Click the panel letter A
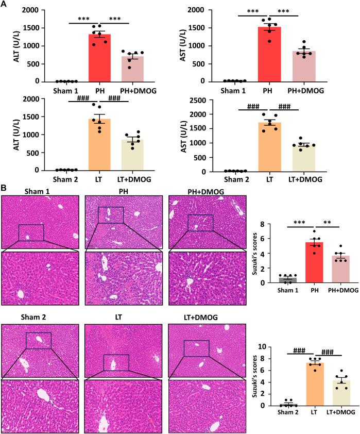pos(5,5)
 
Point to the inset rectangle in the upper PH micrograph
pos(111,215)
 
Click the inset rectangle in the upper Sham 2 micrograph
pos(39,326)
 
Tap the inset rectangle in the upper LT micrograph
pos(116,362)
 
